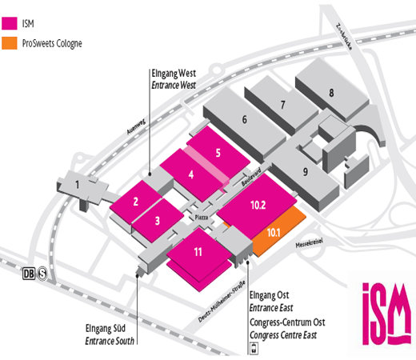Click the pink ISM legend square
[x=10, y=23]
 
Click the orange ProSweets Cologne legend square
[x=10, y=43]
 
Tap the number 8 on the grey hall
[x=331, y=93]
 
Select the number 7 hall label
[x=283, y=105]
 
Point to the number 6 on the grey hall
[x=245, y=119]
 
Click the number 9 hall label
[x=306, y=172]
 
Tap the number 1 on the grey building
[x=78, y=185]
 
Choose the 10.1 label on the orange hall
[x=274, y=233]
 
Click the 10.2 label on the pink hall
[x=258, y=205]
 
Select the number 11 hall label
[x=198, y=252]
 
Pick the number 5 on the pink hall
[x=218, y=153]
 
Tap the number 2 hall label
[x=136, y=202]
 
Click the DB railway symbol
[x=29, y=274]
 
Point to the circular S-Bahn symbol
[x=42, y=274]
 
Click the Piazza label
[x=202, y=218]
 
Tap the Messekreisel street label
[x=310, y=243]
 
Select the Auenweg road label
[x=136, y=126]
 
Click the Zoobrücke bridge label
[x=344, y=37]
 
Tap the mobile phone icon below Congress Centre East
[x=254, y=349]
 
